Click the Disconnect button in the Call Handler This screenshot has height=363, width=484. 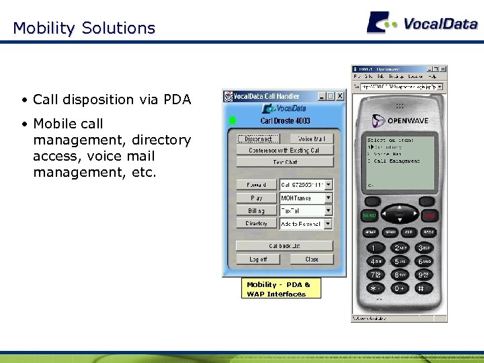[258, 139]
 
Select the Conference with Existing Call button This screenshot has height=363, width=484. [285, 151]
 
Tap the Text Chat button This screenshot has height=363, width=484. [285, 162]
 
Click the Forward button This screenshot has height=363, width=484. [256, 184]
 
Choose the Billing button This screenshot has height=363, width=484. [256, 211]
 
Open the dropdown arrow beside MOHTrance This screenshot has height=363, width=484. [329, 198]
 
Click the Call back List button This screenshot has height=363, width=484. [285, 246]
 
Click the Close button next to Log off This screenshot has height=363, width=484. [312, 259]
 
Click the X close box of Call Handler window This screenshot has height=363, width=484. [339, 96]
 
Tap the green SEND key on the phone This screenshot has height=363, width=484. [369, 216]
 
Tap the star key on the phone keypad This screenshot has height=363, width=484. [374, 288]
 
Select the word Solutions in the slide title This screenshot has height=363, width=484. [118, 28]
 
